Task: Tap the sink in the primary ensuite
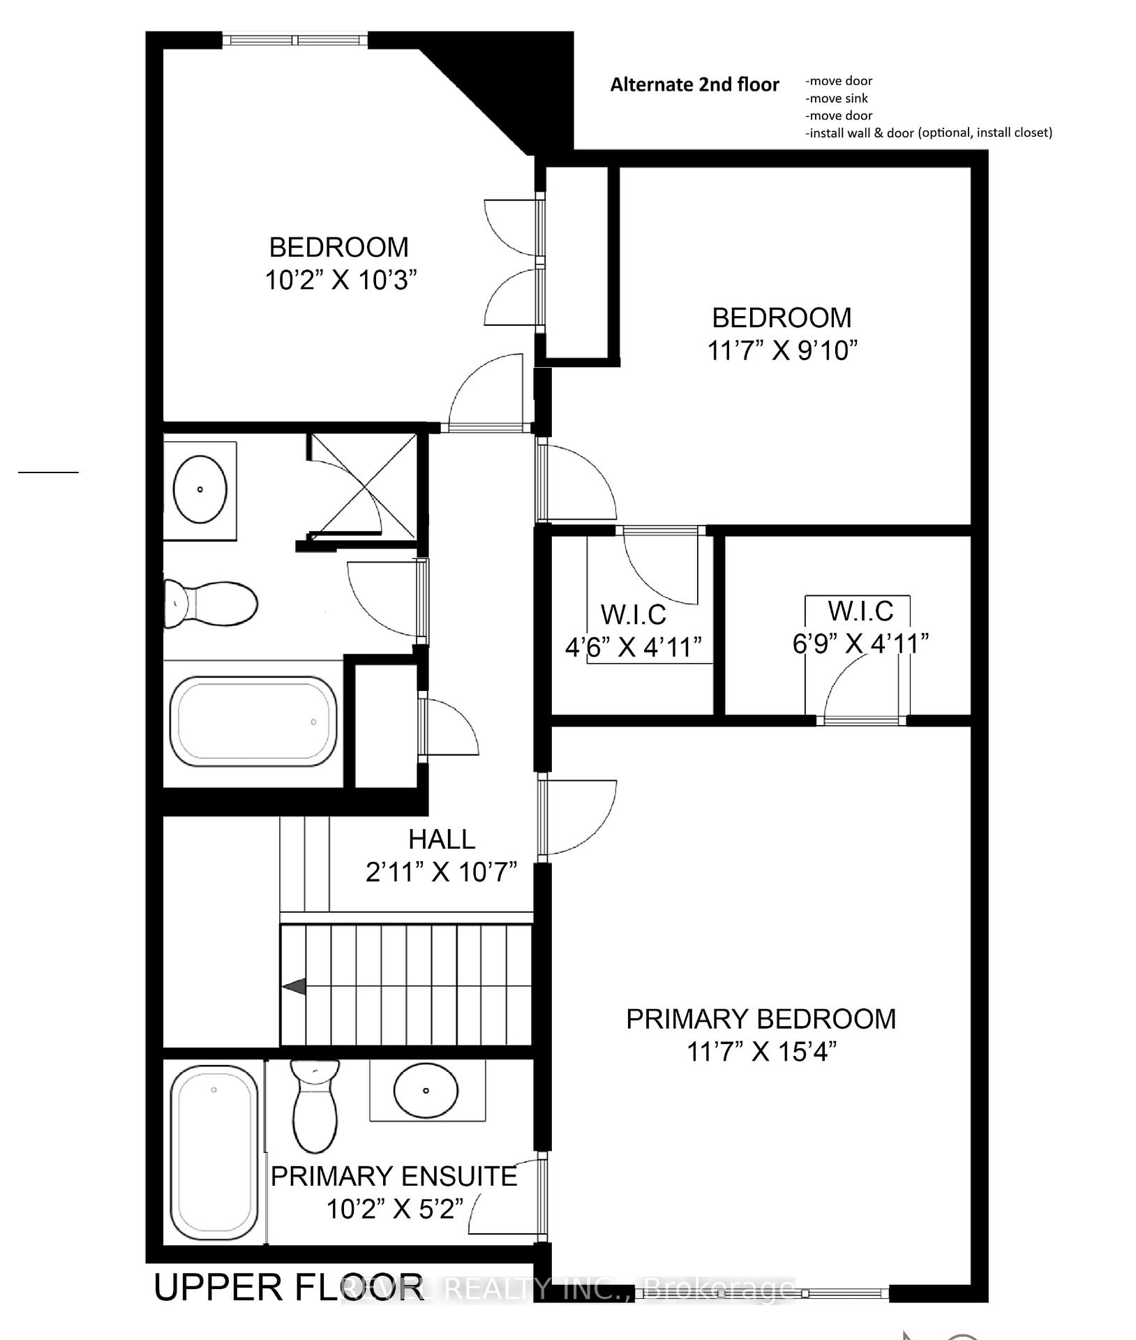[426, 1090]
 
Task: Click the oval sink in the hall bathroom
[200, 489]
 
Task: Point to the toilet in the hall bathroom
[211, 604]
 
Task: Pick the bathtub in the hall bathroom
[253, 722]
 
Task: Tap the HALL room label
[442, 839]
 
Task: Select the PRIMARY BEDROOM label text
[761, 1019]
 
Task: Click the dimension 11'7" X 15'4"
[761, 1051]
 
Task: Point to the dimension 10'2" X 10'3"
[341, 281]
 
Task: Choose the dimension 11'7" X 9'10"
[782, 350]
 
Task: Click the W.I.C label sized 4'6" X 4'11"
[634, 615]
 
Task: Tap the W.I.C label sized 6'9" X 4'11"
[860, 611]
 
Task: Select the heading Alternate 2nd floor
[694, 85]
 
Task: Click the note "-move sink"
[837, 98]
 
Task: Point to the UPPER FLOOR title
[288, 1288]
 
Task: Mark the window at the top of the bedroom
[295, 40]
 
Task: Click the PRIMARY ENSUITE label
[394, 1177]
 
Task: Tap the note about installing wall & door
[928, 133]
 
